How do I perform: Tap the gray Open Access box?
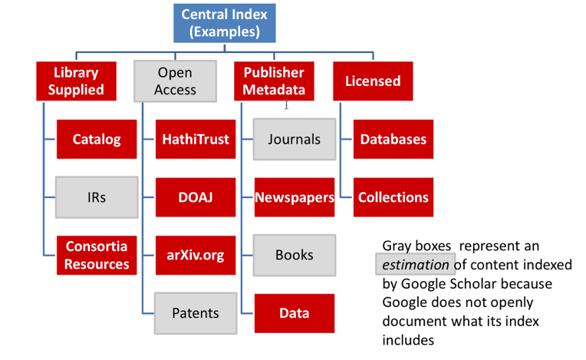(175, 81)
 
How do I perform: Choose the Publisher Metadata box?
(274, 81)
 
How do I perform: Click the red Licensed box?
(373, 81)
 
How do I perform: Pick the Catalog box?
(97, 140)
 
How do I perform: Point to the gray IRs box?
(97, 197)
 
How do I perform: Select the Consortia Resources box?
(97, 255)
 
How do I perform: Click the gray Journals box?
(295, 140)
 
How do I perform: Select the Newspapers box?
(295, 197)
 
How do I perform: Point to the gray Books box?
(295, 255)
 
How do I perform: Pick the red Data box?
(295, 312)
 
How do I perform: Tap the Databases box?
(393, 140)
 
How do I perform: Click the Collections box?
(393, 197)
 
